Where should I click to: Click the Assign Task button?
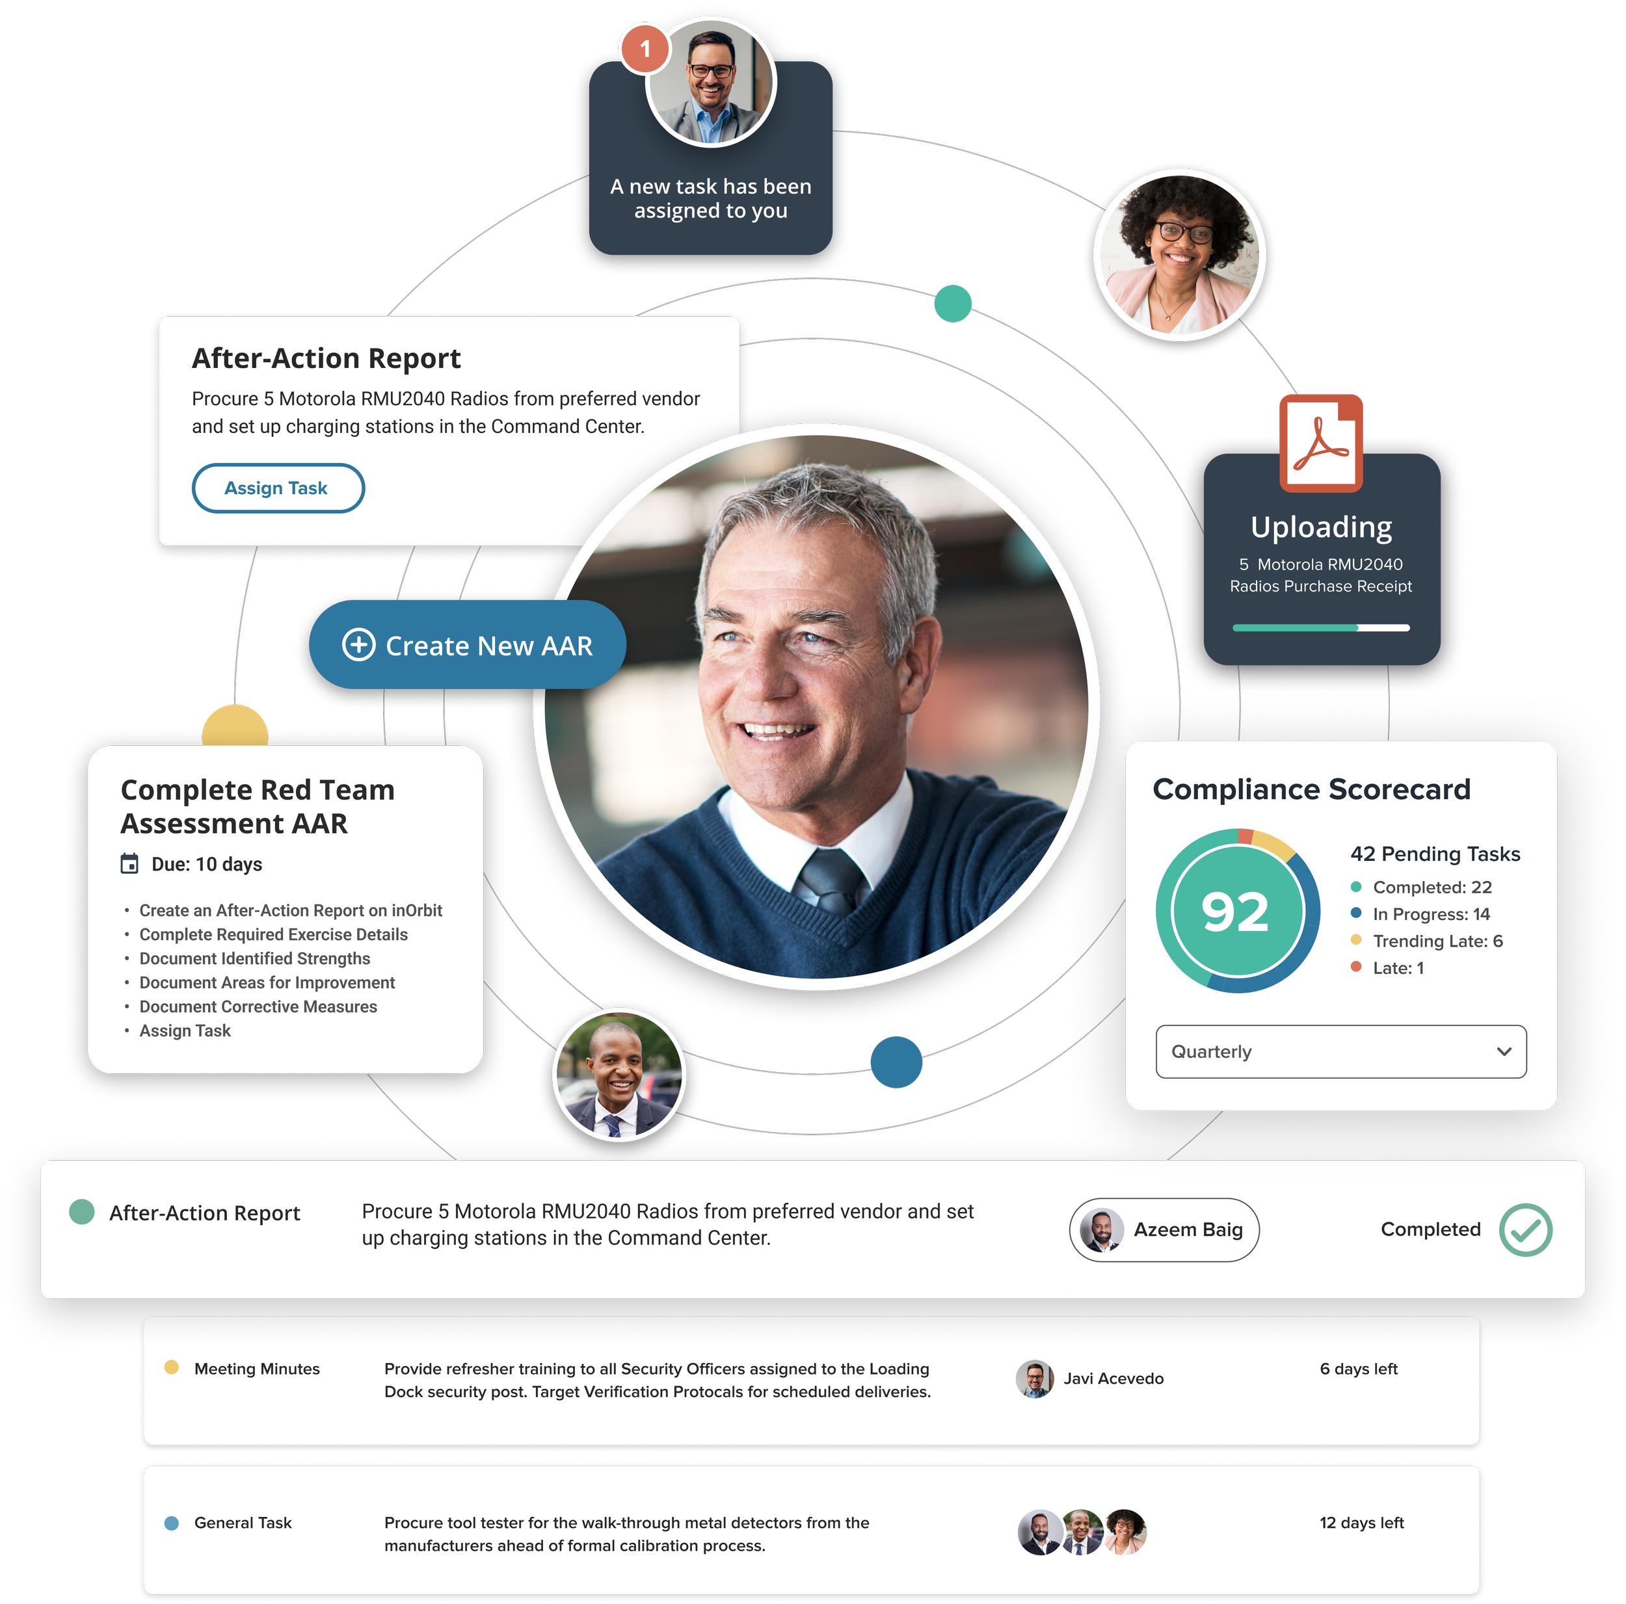278,488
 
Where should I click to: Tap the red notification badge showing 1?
645,49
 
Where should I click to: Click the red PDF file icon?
1320,443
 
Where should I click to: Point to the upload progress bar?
1320,628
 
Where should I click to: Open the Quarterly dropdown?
1340,1052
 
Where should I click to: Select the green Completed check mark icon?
1525,1229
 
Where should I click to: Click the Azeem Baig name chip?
1164,1229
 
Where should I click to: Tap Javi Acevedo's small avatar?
1034,1378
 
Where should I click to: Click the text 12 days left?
1362,1522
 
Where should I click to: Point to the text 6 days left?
1359,1369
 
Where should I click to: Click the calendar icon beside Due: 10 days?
129,864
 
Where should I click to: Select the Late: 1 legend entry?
1397,967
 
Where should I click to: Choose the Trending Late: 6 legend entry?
1437,941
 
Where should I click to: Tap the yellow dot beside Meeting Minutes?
172,1367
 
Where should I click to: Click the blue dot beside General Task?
172,1522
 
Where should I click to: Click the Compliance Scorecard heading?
1311,789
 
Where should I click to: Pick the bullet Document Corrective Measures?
258,1006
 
